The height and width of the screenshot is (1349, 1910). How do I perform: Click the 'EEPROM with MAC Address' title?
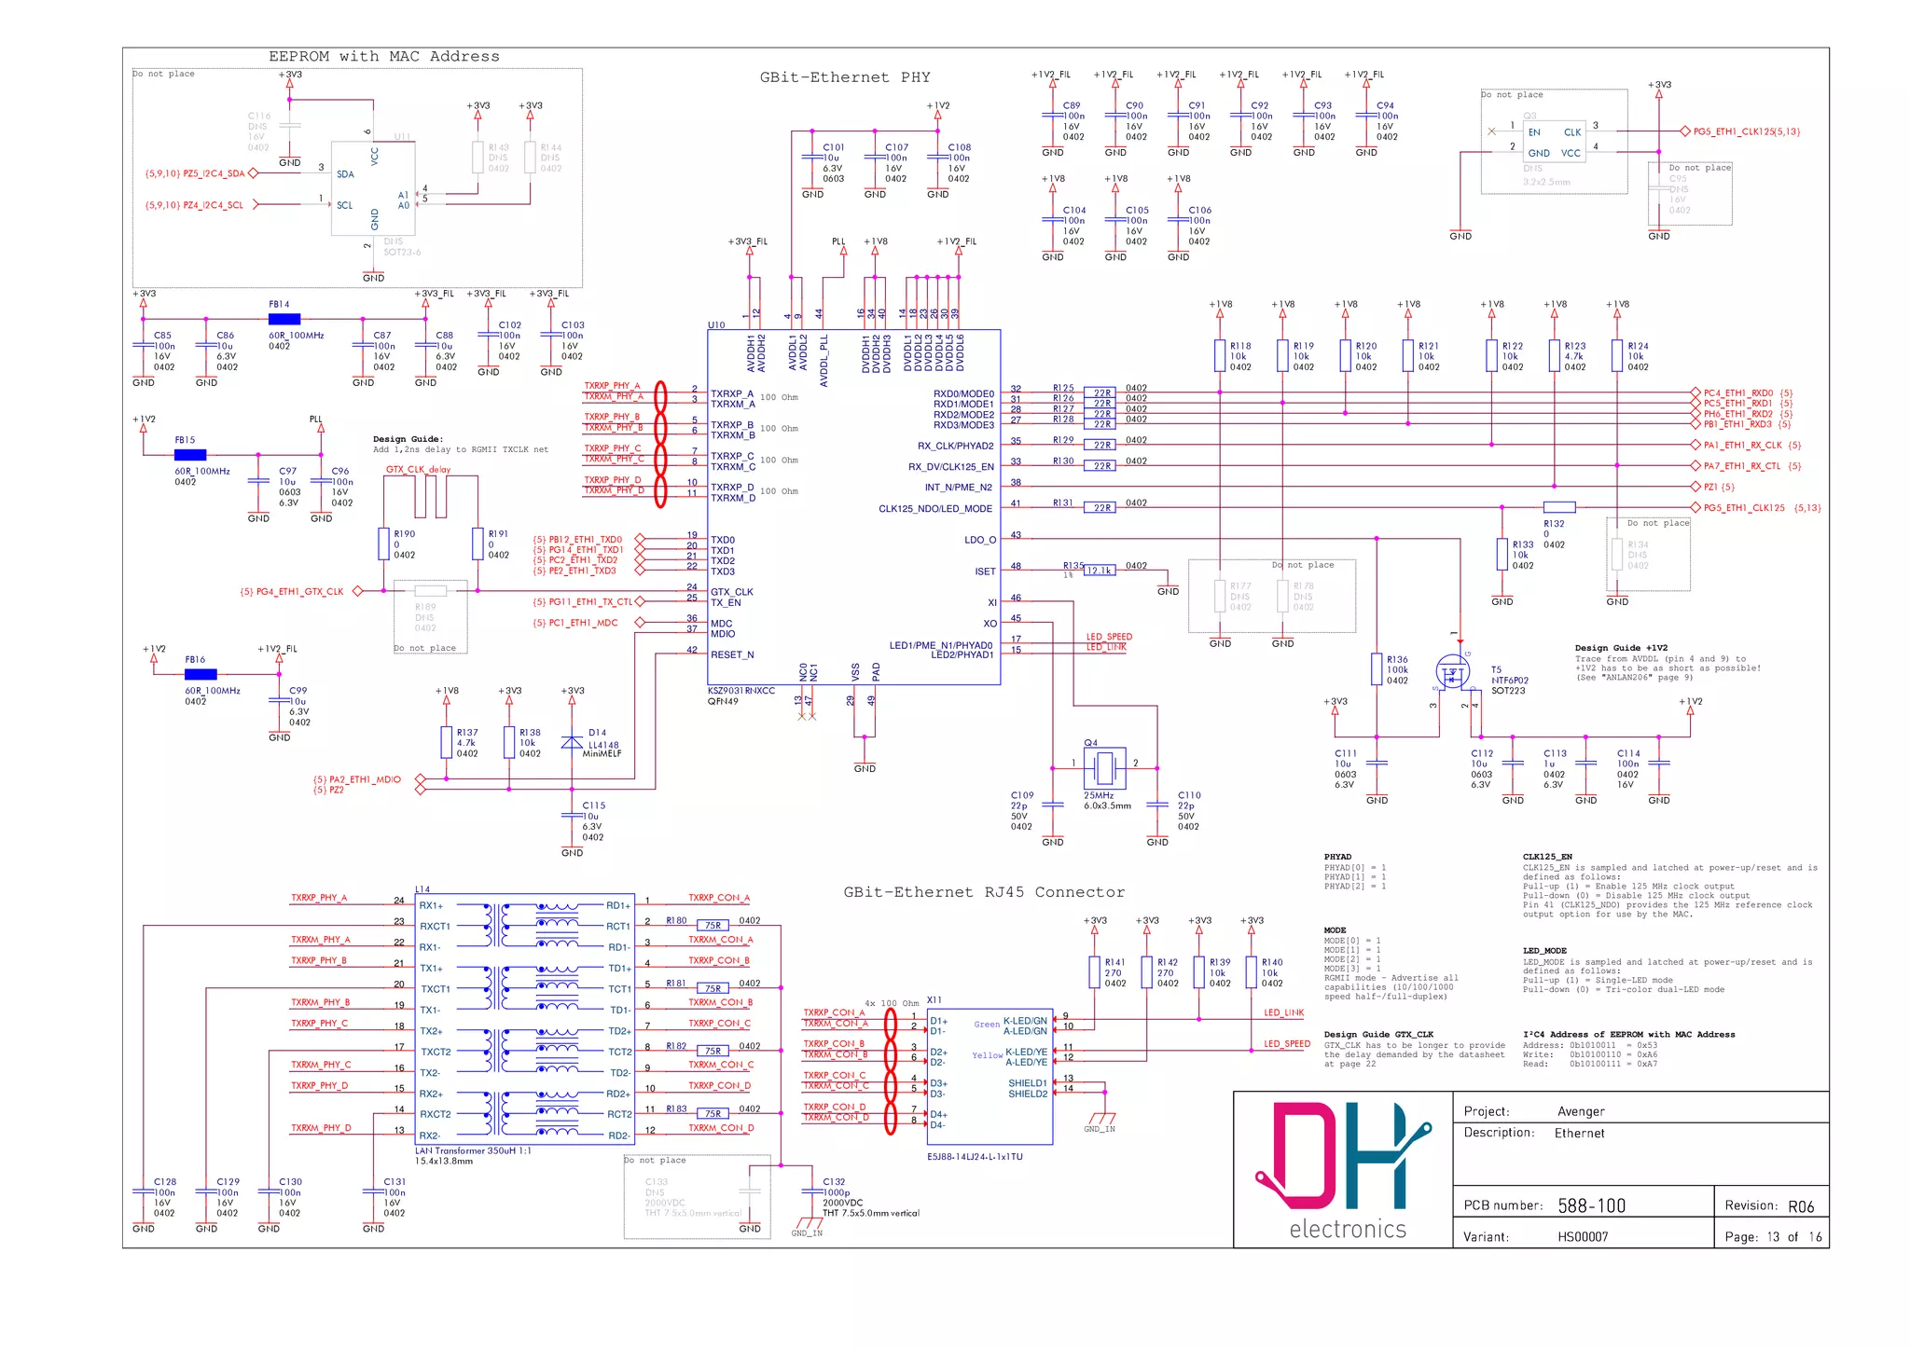pyautogui.click(x=383, y=57)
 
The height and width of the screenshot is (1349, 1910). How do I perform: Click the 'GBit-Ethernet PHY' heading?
pyautogui.click(x=844, y=77)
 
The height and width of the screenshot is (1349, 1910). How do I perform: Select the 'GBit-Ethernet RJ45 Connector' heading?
pyautogui.click(x=983, y=892)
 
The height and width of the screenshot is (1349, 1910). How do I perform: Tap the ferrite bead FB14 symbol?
pyautogui.click(x=284, y=319)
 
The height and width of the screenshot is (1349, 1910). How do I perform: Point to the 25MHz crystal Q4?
pyautogui.click(x=1104, y=767)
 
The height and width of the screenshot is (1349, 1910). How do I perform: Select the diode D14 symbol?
pyautogui.click(x=572, y=742)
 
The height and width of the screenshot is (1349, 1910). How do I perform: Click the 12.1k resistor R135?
pyautogui.click(x=1100, y=571)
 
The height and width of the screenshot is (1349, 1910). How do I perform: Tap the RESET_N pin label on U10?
pyautogui.click(x=731, y=654)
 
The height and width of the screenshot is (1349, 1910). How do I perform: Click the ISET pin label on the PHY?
pyautogui.click(x=985, y=571)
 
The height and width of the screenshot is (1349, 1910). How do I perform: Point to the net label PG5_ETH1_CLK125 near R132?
pyautogui.click(x=1743, y=508)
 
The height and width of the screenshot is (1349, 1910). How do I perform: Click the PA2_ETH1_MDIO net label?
pyautogui.click(x=356, y=779)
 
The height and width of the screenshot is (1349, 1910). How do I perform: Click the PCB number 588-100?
pyautogui.click(x=1591, y=1205)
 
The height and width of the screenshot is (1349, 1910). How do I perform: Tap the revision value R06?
pyautogui.click(x=1800, y=1206)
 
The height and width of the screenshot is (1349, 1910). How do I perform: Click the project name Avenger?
pyautogui.click(x=1580, y=1111)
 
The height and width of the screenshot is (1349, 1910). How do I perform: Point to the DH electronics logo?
pyautogui.click(x=1343, y=1169)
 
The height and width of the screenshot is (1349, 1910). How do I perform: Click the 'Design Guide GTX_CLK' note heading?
pyautogui.click(x=1377, y=1034)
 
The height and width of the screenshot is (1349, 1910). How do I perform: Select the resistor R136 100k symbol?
pyautogui.click(x=1377, y=668)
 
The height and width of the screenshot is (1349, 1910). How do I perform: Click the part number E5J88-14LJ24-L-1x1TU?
pyautogui.click(x=974, y=1156)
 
